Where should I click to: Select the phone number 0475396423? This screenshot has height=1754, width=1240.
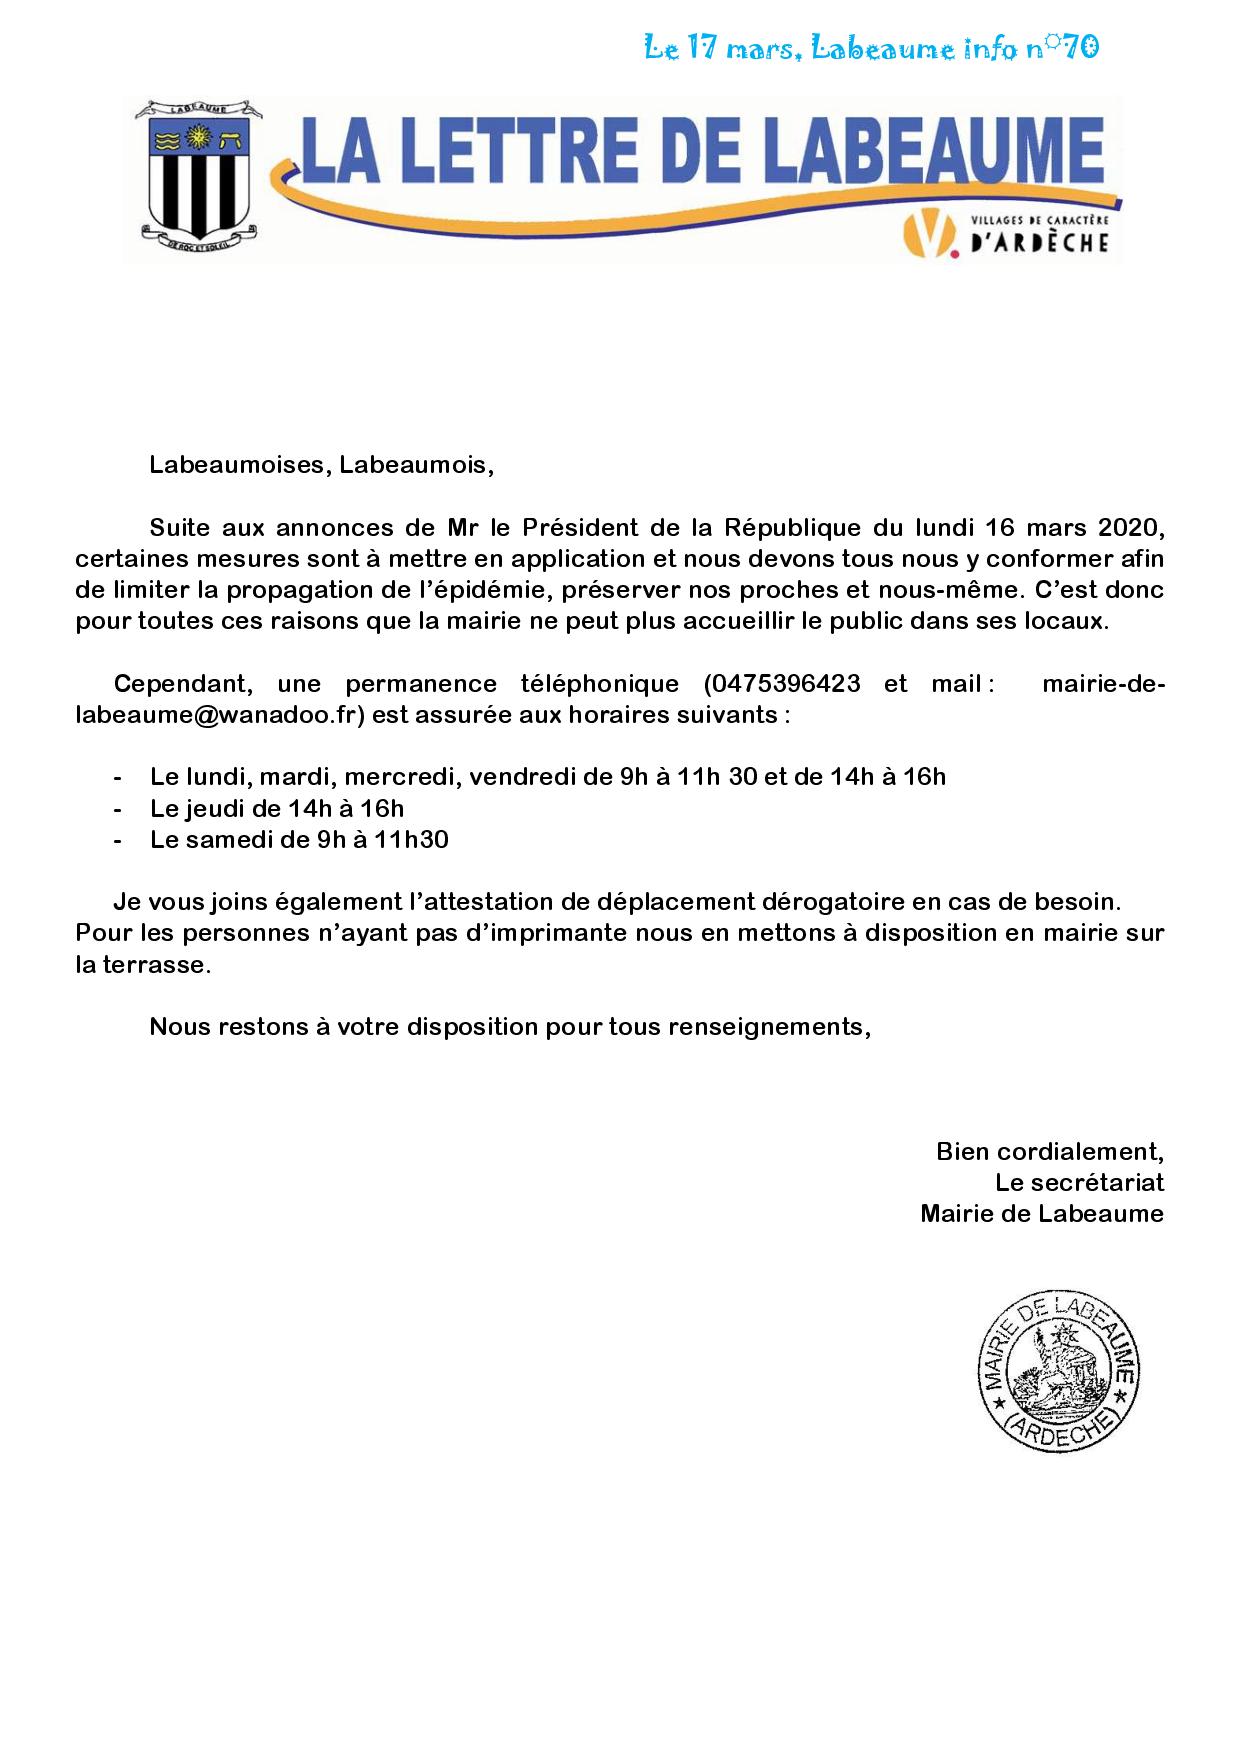[x=783, y=684]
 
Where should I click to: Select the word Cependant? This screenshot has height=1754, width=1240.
[x=175, y=684]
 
